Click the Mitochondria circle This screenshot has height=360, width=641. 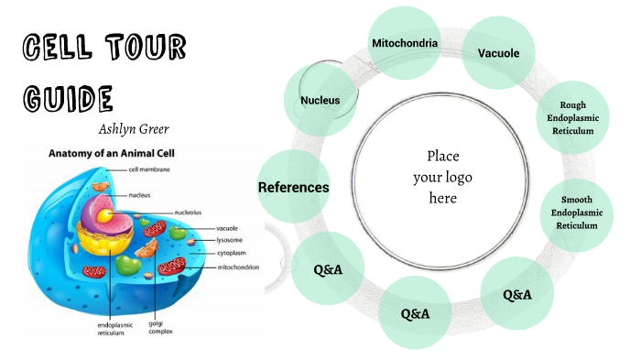tap(404, 43)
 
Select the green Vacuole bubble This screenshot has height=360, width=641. tap(498, 53)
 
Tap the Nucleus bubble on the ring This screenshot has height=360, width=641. tap(320, 100)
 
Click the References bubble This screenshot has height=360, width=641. tap(294, 187)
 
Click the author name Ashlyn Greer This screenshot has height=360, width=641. tap(136, 128)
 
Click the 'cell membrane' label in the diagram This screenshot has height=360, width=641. tap(148, 169)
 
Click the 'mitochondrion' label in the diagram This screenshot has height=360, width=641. tap(237, 267)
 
